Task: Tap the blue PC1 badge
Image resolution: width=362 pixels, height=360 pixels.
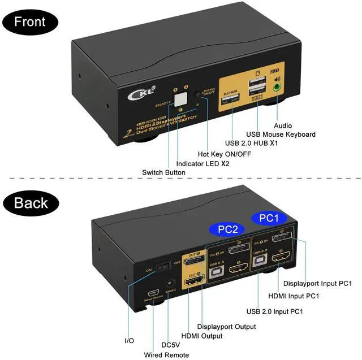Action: tap(269, 218)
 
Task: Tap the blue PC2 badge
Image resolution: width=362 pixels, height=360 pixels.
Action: tap(226, 229)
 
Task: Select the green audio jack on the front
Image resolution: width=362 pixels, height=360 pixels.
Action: tap(277, 88)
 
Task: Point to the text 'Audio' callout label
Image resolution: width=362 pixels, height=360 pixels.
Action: tap(284, 125)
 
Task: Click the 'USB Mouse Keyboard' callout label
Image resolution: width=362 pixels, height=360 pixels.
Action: tap(281, 135)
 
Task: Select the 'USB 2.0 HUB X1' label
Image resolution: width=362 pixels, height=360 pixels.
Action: tap(252, 144)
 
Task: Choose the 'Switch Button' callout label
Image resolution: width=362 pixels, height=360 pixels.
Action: tap(163, 172)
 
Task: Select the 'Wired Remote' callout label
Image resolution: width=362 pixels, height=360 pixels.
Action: tap(167, 354)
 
